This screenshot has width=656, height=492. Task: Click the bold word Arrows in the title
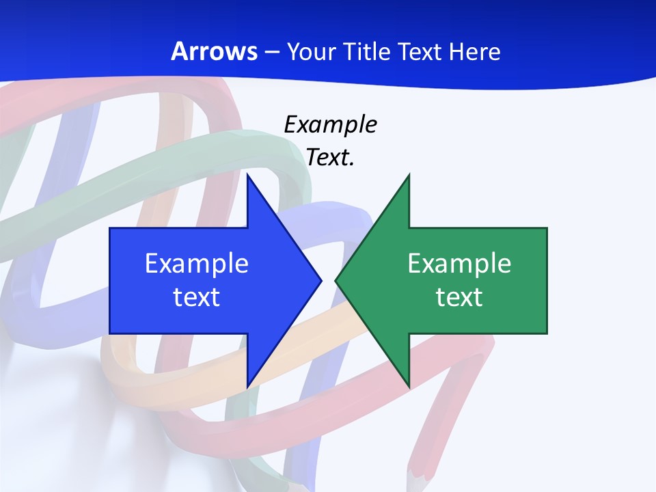(x=215, y=51)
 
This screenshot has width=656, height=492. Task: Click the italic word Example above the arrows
(x=330, y=124)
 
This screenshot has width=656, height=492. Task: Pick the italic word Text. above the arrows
(x=330, y=157)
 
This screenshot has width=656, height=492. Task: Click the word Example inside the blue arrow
(x=197, y=263)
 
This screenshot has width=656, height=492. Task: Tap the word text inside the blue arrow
(x=197, y=297)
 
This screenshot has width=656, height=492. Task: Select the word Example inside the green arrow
(x=459, y=263)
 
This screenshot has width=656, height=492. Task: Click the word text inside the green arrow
(x=459, y=297)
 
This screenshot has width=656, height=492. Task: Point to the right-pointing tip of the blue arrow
(x=320, y=280)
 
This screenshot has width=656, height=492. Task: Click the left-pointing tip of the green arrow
(x=336, y=280)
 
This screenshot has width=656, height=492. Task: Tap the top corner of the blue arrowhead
(x=247, y=176)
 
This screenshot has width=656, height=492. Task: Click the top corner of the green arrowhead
(x=409, y=176)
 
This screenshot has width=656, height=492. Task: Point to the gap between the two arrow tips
(x=329, y=280)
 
